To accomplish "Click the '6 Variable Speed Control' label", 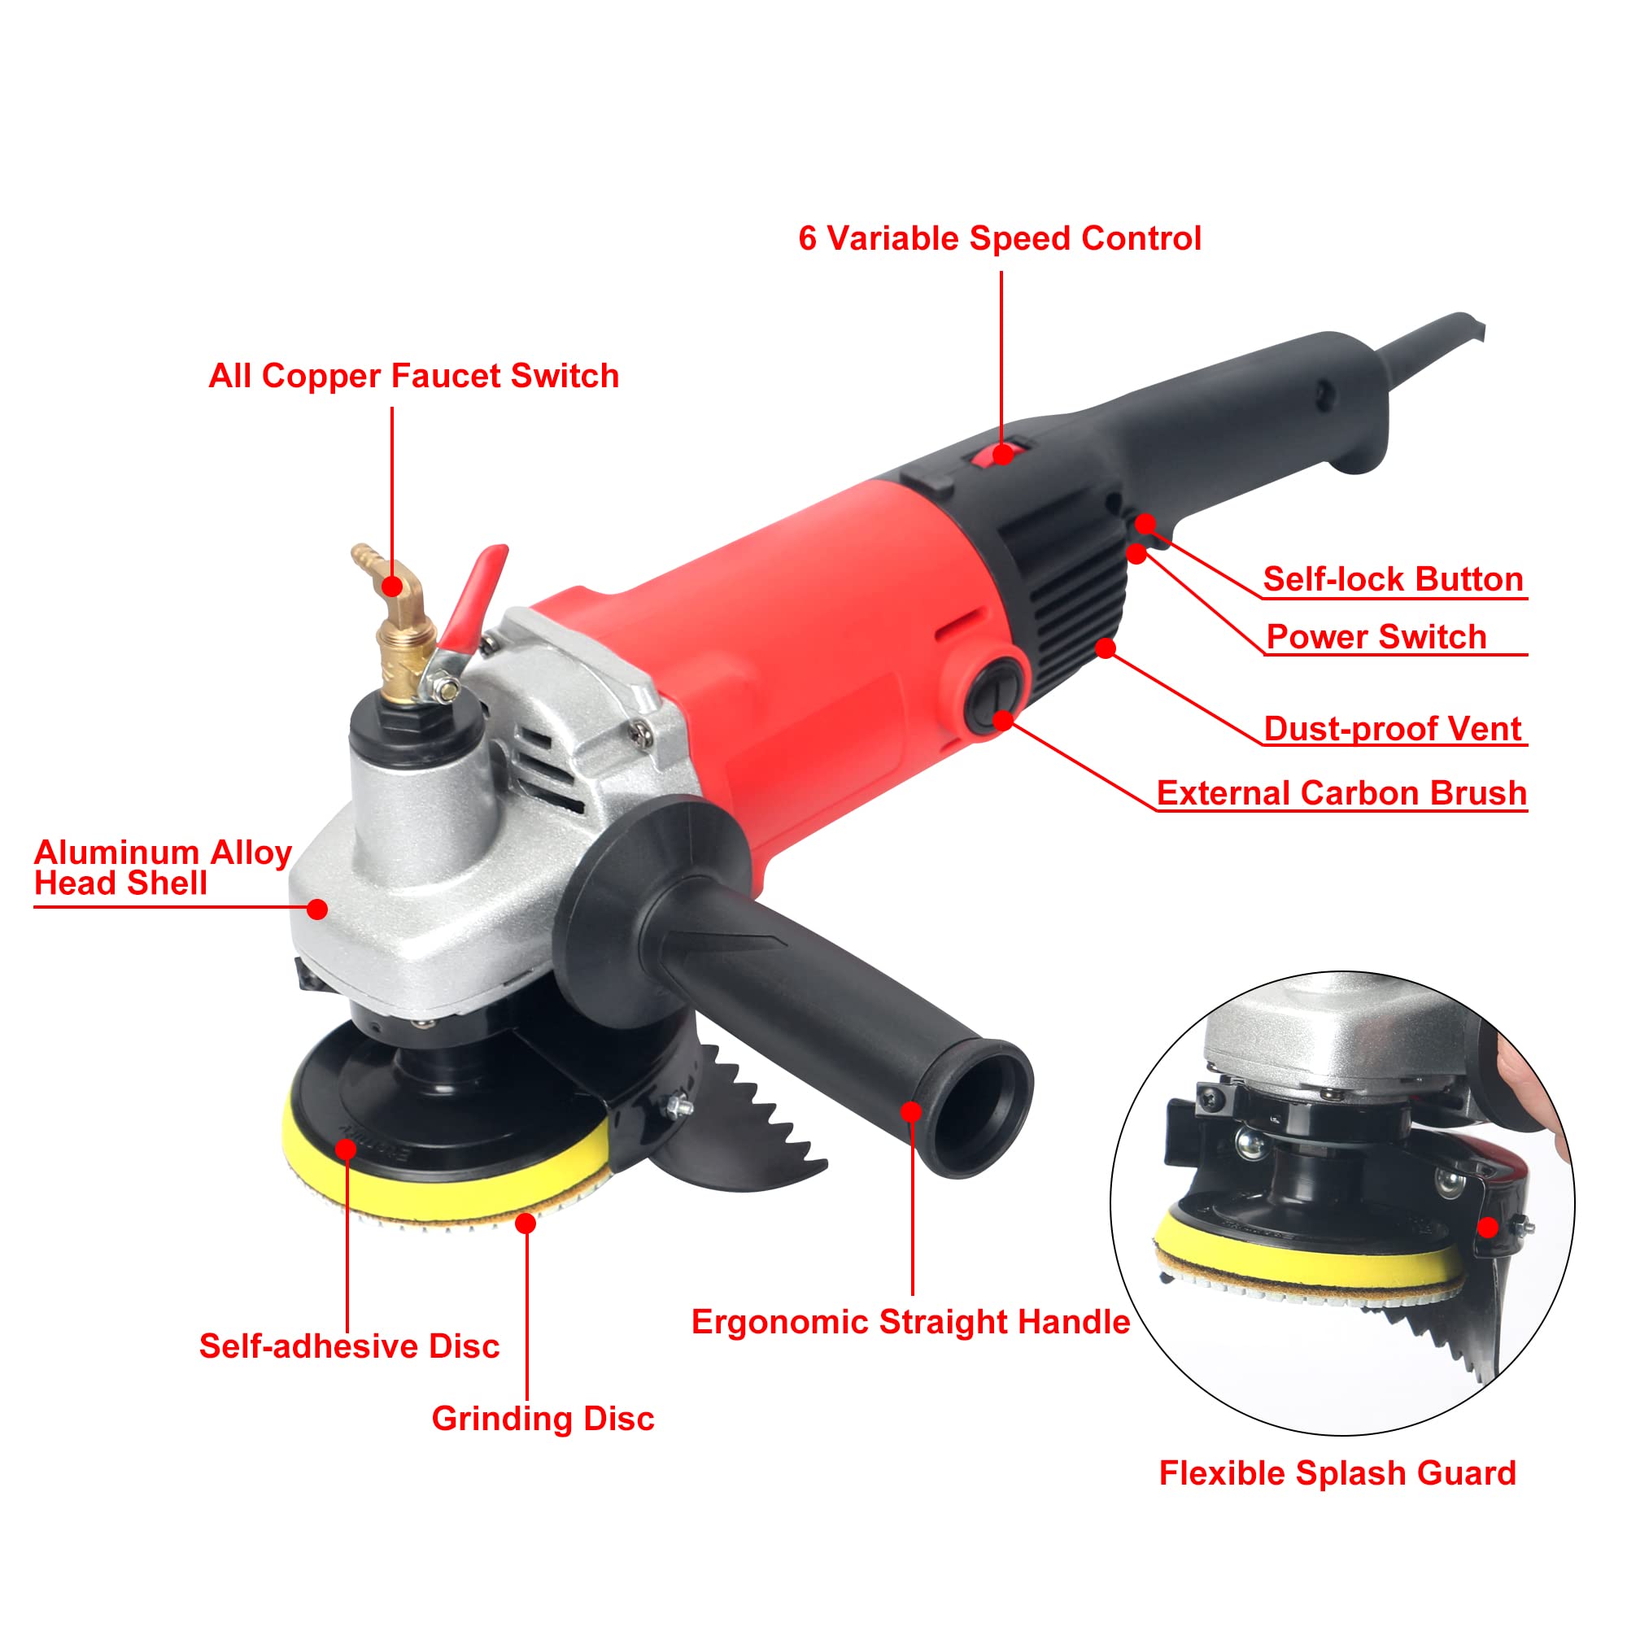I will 999,239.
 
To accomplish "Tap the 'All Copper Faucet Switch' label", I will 413,377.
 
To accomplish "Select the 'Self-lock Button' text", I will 1393,579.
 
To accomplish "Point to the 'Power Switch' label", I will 1376,638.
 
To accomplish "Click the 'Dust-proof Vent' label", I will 1393,729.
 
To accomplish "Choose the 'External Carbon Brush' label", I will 1341,793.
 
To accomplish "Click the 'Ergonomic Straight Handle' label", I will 910,1322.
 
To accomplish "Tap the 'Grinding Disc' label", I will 543,1419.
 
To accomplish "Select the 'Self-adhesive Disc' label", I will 349,1346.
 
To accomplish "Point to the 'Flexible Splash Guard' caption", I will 1337,1474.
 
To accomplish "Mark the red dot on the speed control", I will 1002,455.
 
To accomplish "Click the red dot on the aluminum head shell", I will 316,909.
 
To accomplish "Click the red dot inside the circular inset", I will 1488,1228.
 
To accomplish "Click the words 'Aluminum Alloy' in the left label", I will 163,853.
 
